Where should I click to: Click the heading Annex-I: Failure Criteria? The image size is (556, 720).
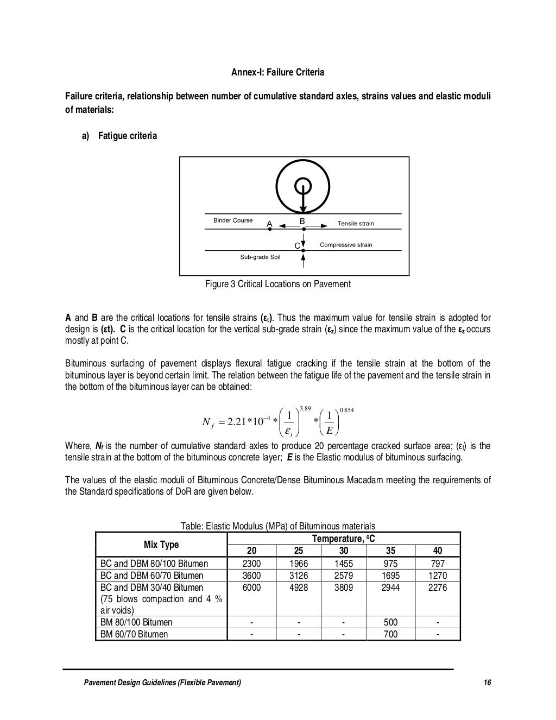(278, 72)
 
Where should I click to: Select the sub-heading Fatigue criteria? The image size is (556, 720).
(127, 136)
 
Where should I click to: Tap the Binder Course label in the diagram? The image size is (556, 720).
(232, 220)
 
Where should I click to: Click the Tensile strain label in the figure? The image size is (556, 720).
(356, 223)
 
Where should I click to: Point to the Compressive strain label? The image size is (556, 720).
(346, 245)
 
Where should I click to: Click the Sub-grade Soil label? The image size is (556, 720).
(260, 257)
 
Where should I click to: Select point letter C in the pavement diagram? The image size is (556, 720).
(297, 246)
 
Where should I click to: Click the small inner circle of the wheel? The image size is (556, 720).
(303, 186)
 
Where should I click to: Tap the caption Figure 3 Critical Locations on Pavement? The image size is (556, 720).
(277, 284)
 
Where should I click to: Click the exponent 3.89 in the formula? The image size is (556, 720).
(305, 408)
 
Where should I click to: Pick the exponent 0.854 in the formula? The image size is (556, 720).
(346, 410)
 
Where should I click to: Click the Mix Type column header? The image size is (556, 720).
(161, 545)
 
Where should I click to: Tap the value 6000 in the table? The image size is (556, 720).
(251, 588)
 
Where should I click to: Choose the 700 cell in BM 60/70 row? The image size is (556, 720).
(390, 634)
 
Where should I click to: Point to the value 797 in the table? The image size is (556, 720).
(437, 564)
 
